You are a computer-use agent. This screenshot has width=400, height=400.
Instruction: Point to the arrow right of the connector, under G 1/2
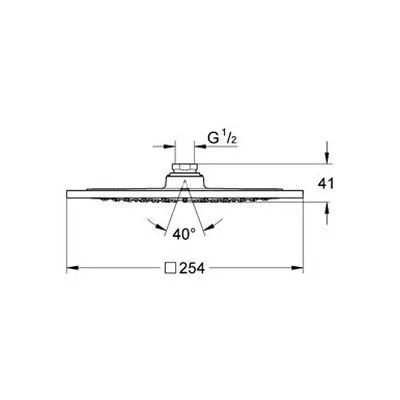coord(197,146)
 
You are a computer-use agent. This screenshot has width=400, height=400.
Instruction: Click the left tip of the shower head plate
coord(69,196)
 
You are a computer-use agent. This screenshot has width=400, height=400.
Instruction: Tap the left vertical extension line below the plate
coord(68,240)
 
